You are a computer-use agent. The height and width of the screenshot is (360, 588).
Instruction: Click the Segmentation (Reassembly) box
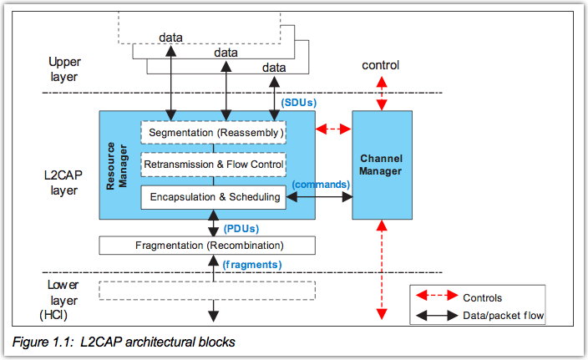click(213, 132)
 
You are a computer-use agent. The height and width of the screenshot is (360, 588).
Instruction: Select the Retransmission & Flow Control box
click(213, 165)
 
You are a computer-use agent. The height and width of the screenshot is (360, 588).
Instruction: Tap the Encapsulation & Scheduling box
click(213, 197)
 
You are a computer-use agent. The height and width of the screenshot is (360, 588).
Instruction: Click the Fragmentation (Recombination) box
click(207, 246)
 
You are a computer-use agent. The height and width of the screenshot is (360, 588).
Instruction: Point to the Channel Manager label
click(381, 165)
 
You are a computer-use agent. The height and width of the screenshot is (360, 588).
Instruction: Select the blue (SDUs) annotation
click(299, 103)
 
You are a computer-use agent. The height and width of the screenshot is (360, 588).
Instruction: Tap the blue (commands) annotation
click(320, 184)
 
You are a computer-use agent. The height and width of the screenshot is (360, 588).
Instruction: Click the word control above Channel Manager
click(380, 65)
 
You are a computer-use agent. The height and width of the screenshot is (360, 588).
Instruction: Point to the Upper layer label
click(64, 69)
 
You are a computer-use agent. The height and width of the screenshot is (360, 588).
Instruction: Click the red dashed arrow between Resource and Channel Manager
click(333, 129)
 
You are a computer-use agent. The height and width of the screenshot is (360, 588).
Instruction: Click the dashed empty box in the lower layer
click(207, 290)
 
